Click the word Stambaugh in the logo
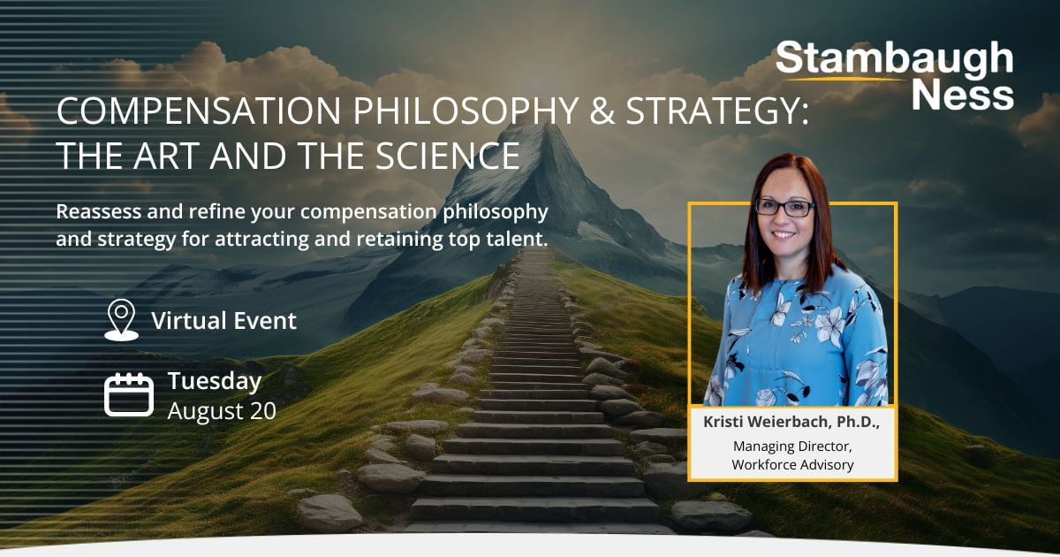pos(894,60)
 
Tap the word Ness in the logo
pos(963,95)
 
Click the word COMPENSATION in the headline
pos(199,111)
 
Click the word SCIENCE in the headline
pos(448,156)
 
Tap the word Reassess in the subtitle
pos(98,211)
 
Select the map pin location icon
pos(122,320)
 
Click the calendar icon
pos(129,394)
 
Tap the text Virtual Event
pos(223,321)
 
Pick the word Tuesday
pos(215,382)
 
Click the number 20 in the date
pos(263,411)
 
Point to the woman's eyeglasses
pos(785,209)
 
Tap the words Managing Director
pos(792,446)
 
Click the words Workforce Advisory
pos(792,465)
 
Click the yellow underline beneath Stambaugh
pos(844,79)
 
